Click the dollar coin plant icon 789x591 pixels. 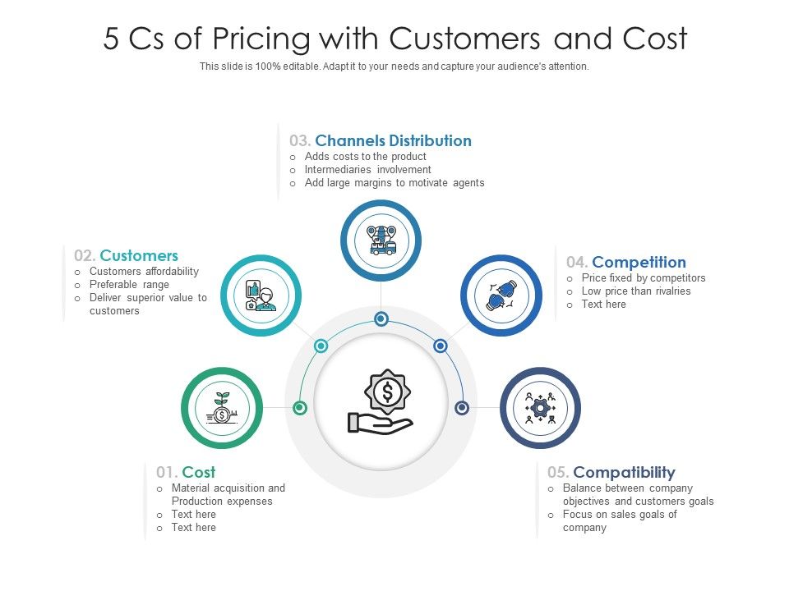click(x=222, y=408)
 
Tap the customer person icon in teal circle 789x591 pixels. click(x=261, y=295)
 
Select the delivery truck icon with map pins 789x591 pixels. click(x=381, y=240)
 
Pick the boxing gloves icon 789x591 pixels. click(x=501, y=295)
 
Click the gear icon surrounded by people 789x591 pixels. click(x=540, y=408)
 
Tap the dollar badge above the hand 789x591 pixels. click(x=386, y=392)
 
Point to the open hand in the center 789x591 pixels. click(x=380, y=424)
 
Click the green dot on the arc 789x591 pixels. click(x=300, y=407)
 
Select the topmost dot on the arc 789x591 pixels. click(x=381, y=318)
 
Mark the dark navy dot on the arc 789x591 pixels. click(x=462, y=407)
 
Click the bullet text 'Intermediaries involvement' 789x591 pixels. click(x=367, y=169)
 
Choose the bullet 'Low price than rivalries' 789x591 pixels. click(x=635, y=291)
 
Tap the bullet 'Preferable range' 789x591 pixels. click(x=129, y=284)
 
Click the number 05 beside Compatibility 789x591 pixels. click(x=557, y=472)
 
